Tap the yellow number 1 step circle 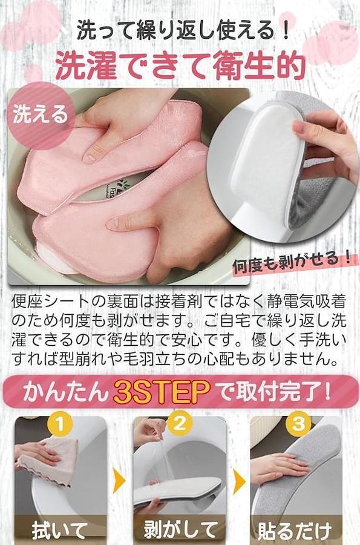click(x=60, y=424)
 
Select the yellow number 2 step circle click(x=179, y=424)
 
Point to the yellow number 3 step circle click(x=298, y=424)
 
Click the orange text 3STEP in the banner click(x=162, y=392)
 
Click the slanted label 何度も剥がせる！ click(x=292, y=262)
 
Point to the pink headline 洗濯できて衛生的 click(x=180, y=66)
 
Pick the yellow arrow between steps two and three click(x=239, y=482)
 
